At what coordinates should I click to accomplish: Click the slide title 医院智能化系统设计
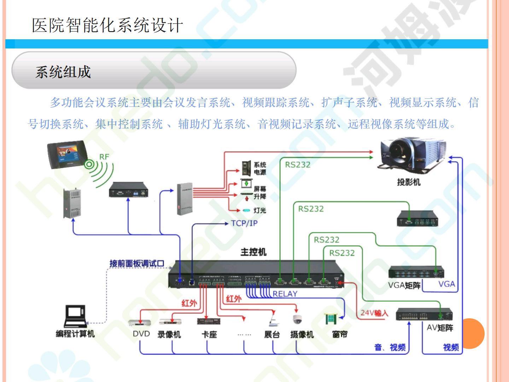tap(107, 25)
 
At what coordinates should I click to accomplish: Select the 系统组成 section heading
tap(63, 72)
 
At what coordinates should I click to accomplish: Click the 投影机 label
tap(409, 182)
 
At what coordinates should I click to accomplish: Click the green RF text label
tap(104, 157)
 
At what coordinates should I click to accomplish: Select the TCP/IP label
tap(244, 223)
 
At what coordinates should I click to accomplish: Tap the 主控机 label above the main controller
tap(253, 252)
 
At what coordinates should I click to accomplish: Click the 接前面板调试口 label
tap(137, 264)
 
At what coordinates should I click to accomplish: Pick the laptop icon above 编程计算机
tap(75, 316)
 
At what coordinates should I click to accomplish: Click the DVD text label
tap(141, 334)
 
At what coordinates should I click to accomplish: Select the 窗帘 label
tap(340, 334)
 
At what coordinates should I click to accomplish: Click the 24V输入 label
tap(374, 313)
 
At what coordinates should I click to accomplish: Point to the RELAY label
tap(285, 294)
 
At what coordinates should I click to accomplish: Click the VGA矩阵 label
tap(404, 285)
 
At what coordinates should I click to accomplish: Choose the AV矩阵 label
tap(440, 328)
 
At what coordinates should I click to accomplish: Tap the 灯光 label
tap(260, 210)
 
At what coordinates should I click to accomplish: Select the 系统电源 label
tap(260, 168)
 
